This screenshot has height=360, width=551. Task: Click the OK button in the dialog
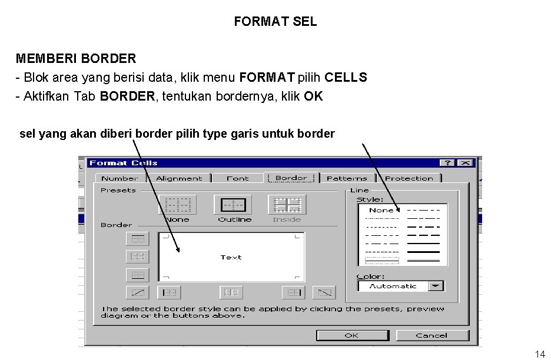click(x=352, y=335)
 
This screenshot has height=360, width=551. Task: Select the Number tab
click(x=120, y=178)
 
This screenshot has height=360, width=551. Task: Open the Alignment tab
click(x=179, y=178)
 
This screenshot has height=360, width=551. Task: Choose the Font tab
click(x=238, y=178)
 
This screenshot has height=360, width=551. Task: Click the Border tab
click(x=291, y=178)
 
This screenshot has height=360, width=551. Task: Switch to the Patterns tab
click(x=347, y=178)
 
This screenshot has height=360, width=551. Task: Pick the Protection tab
click(x=409, y=178)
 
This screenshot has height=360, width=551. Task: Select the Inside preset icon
click(x=287, y=205)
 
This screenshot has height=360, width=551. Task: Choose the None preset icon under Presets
click(x=177, y=205)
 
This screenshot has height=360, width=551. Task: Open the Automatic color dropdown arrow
click(x=436, y=286)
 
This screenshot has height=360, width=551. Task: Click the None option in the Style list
click(x=381, y=210)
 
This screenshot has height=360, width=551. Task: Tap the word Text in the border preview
click(x=231, y=257)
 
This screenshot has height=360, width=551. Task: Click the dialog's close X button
click(x=466, y=163)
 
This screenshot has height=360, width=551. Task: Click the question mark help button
click(x=449, y=163)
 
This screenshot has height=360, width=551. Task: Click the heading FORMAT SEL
click(x=275, y=22)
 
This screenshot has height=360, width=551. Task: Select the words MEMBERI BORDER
click(x=76, y=59)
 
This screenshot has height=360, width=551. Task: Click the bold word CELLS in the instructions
click(x=346, y=78)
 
